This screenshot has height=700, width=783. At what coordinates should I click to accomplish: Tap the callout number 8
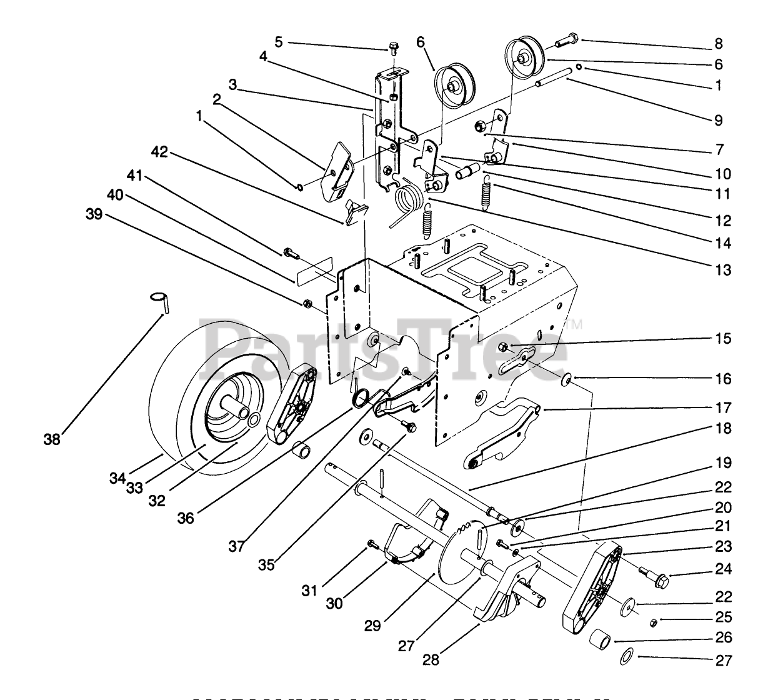[719, 43]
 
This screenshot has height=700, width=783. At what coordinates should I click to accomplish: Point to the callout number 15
[724, 338]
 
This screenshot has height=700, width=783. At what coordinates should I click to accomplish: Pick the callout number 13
[724, 270]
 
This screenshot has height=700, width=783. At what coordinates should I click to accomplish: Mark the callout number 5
[279, 42]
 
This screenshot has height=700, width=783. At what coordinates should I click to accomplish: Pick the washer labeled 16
[567, 378]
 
